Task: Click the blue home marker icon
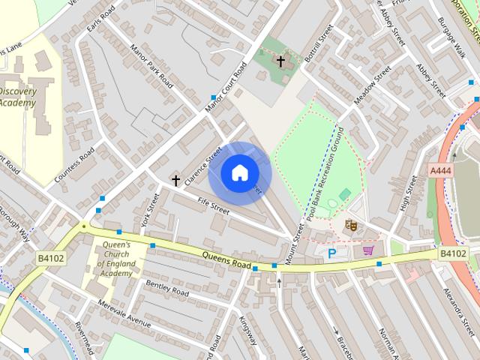tap(238, 173)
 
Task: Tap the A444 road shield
tap(441, 171)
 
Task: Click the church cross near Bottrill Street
tap(280, 60)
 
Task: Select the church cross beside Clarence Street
tap(176, 181)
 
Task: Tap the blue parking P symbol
tap(331, 254)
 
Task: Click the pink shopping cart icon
tap(367, 250)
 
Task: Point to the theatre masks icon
tap(350, 223)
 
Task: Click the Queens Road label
tap(226, 259)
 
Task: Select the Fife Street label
tap(213, 205)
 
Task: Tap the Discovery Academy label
tap(18, 97)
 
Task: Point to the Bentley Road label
tap(167, 287)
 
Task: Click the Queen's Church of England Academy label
tap(116, 259)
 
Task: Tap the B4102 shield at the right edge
tap(453, 253)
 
